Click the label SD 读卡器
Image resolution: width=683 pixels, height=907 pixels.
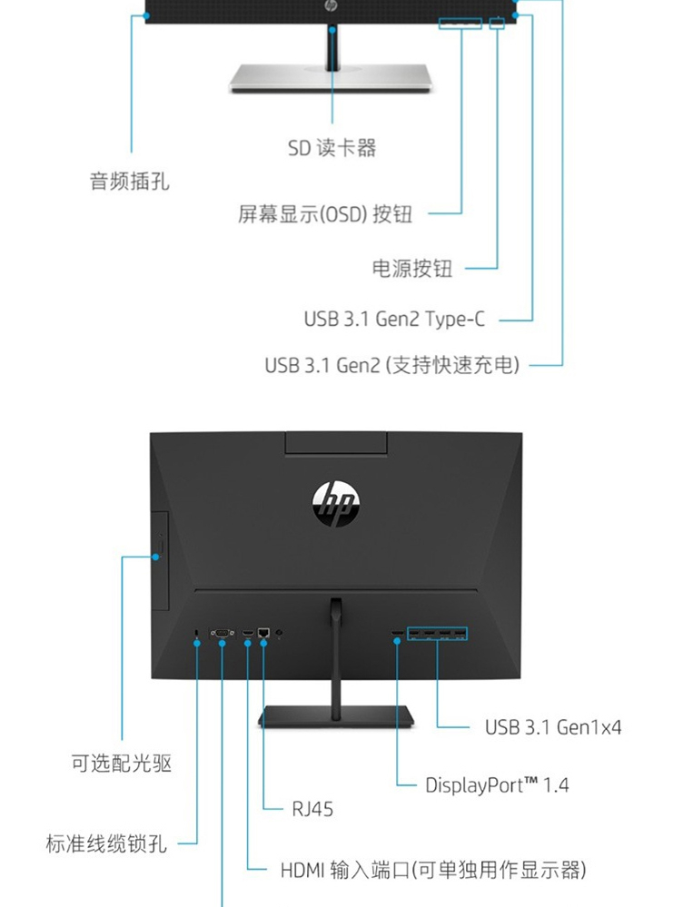point(332,147)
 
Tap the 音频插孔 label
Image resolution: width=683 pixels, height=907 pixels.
point(129,181)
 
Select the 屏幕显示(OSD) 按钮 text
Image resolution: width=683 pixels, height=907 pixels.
point(325,214)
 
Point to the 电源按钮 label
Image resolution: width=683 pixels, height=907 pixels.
point(411,268)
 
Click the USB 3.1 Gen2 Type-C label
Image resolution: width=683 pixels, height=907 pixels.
point(394,320)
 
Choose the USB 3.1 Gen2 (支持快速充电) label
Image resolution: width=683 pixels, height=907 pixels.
point(392,365)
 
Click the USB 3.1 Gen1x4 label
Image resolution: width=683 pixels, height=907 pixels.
point(552,726)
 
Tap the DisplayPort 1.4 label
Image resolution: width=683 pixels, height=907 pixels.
point(497,784)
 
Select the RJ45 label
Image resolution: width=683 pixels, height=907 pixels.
point(312,808)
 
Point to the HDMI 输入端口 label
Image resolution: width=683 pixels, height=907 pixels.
point(431,871)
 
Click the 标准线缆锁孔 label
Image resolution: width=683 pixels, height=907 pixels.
point(106,843)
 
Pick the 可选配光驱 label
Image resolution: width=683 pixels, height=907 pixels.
point(122,763)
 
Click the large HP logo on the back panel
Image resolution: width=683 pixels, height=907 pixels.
point(335,500)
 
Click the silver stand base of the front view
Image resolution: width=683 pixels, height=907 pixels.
point(331,79)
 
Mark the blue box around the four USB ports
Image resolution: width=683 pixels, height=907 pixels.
point(438,633)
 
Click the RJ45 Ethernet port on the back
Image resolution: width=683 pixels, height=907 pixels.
point(264,631)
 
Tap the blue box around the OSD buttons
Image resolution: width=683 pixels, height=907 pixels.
point(460,21)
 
